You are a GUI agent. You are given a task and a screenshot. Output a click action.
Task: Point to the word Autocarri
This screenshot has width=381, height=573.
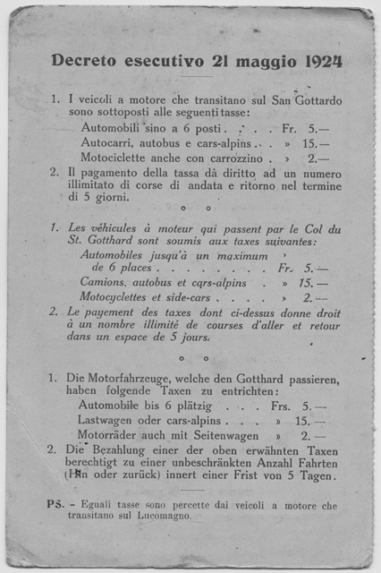pyautogui.click(x=109, y=142)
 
